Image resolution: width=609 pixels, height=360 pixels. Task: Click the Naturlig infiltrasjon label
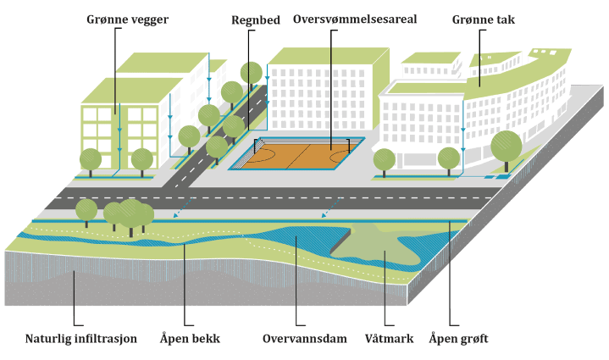pos(80,339)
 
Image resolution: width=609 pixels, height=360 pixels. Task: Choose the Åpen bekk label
pos(190,339)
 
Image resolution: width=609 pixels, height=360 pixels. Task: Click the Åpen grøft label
pos(458,339)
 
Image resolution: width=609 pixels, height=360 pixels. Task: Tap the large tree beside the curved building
pos(506,146)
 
